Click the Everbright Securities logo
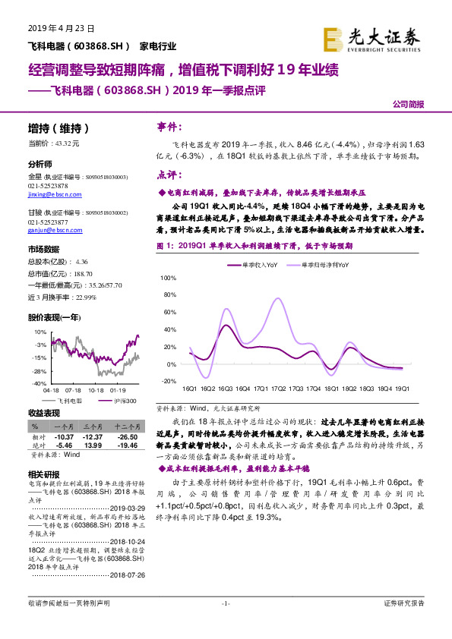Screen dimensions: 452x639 click(371, 37)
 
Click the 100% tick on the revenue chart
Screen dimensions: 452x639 click(169, 279)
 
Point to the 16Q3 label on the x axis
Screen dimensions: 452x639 click(226, 388)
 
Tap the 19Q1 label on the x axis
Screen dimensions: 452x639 click(401, 388)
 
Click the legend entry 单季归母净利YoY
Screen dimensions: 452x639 click(322, 265)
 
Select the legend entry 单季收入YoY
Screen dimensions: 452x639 click(259, 265)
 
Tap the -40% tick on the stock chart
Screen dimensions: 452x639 click(38, 385)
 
